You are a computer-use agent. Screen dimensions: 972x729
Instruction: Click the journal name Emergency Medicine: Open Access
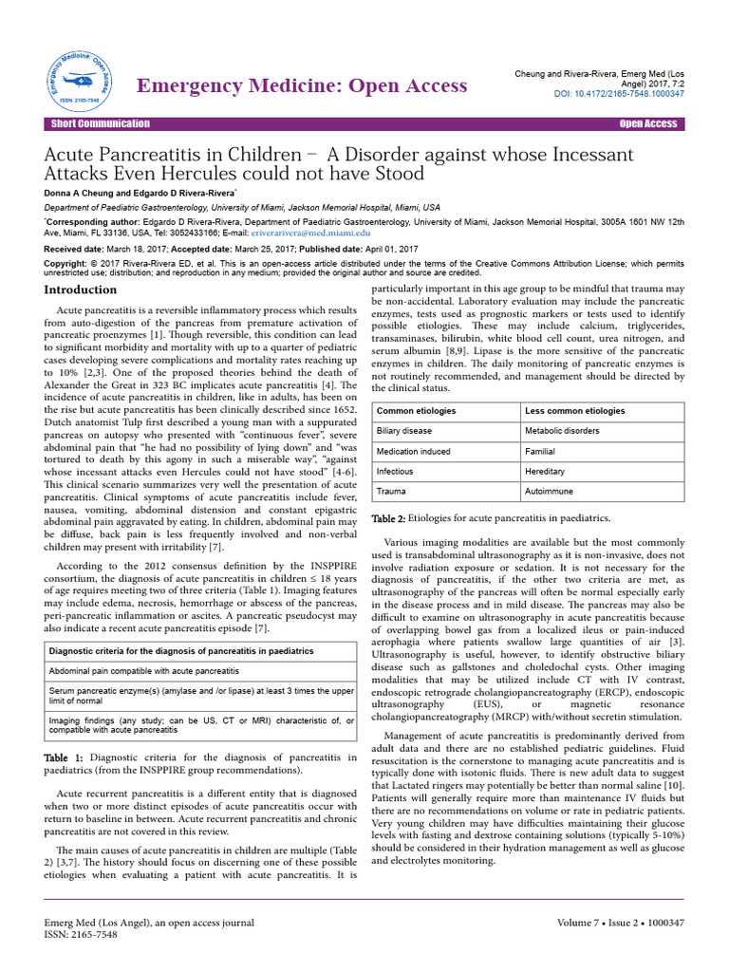pyautogui.click(x=303, y=85)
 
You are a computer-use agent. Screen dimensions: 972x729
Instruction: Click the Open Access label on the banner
pyautogui.click(x=648, y=123)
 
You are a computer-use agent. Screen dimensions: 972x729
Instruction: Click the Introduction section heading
pyautogui.click(x=82, y=290)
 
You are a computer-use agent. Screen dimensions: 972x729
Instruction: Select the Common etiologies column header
pyautogui.click(x=416, y=411)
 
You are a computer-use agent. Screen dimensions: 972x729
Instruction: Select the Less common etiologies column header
pyautogui.click(x=575, y=411)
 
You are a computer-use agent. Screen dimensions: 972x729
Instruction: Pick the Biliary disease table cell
pyautogui.click(x=405, y=431)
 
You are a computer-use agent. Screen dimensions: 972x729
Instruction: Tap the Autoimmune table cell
pyautogui.click(x=550, y=492)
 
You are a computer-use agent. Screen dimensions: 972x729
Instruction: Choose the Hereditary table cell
pyautogui.click(x=546, y=472)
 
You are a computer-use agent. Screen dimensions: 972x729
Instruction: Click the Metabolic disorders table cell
pyautogui.click(x=564, y=431)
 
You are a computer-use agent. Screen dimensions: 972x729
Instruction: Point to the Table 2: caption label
pyautogui.click(x=387, y=517)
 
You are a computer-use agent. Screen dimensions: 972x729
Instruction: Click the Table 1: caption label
pyautogui.click(x=65, y=757)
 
